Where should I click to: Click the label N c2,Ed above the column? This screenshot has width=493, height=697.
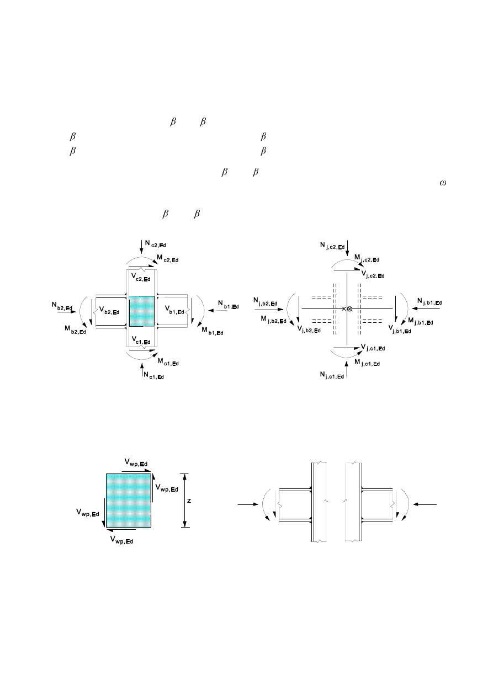click(156, 243)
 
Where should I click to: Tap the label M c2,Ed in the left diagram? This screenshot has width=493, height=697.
click(167, 258)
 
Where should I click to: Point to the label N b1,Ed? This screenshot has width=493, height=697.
click(228, 305)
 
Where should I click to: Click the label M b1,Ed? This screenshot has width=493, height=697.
click(212, 332)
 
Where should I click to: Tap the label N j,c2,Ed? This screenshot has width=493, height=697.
click(333, 245)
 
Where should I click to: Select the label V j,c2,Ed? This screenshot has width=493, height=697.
click(373, 274)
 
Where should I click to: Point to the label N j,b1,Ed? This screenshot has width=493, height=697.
click(431, 301)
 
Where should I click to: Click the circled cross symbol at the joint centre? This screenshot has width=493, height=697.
click(349, 308)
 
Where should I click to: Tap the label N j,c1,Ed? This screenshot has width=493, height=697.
click(333, 375)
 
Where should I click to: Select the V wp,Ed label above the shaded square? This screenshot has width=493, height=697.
click(136, 462)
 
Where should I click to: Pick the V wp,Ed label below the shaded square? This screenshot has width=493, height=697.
click(122, 539)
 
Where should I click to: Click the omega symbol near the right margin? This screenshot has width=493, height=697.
click(443, 184)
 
